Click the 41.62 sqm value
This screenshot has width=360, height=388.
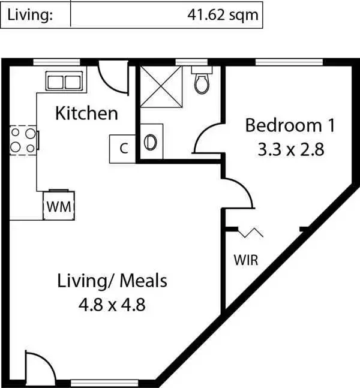pyautogui.click(x=223, y=14)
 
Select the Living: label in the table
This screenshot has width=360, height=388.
pyautogui.click(x=30, y=14)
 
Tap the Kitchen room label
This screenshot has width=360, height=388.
pyautogui.click(x=86, y=113)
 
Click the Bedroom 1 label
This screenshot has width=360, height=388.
pyautogui.click(x=290, y=126)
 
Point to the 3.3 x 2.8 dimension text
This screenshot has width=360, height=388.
pyautogui.click(x=290, y=149)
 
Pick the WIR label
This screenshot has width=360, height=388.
pyautogui.click(x=246, y=260)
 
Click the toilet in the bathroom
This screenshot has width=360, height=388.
pyautogui.click(x=202, y=82)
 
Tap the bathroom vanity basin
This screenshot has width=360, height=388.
pyautogui.click(x=151, y=142)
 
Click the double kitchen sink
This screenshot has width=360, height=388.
pyautogui.click(x=64, y=81)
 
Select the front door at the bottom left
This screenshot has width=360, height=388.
pyautogui.click(x=35, y=366)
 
